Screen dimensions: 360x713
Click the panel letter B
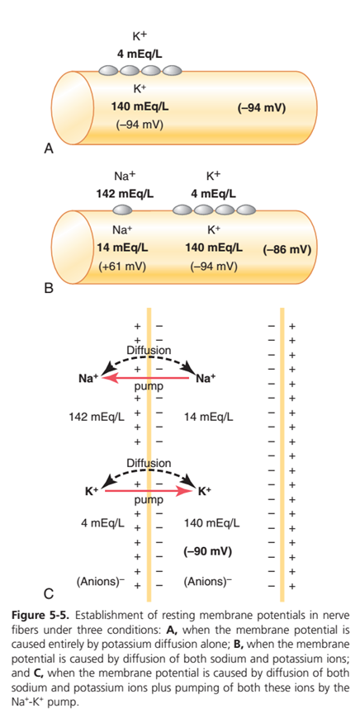pos(49,288)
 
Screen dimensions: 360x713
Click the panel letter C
pos(49,593)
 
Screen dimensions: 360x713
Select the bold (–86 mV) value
pos(287,250)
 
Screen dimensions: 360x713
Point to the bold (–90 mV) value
pos(207,551)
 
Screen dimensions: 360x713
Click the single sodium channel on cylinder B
pos(122,210)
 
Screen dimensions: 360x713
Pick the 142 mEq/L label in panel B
pos(125,194)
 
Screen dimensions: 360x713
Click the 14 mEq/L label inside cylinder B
pos(122,248)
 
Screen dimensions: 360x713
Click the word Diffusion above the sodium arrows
pos(149,351)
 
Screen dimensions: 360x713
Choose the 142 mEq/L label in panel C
pos(97,416)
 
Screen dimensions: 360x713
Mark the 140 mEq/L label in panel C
pos(211,523)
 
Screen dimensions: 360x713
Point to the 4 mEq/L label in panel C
pos(102,523)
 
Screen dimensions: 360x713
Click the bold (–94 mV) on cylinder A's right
pos(261,108)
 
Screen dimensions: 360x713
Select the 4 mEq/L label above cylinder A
pos(140,55)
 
